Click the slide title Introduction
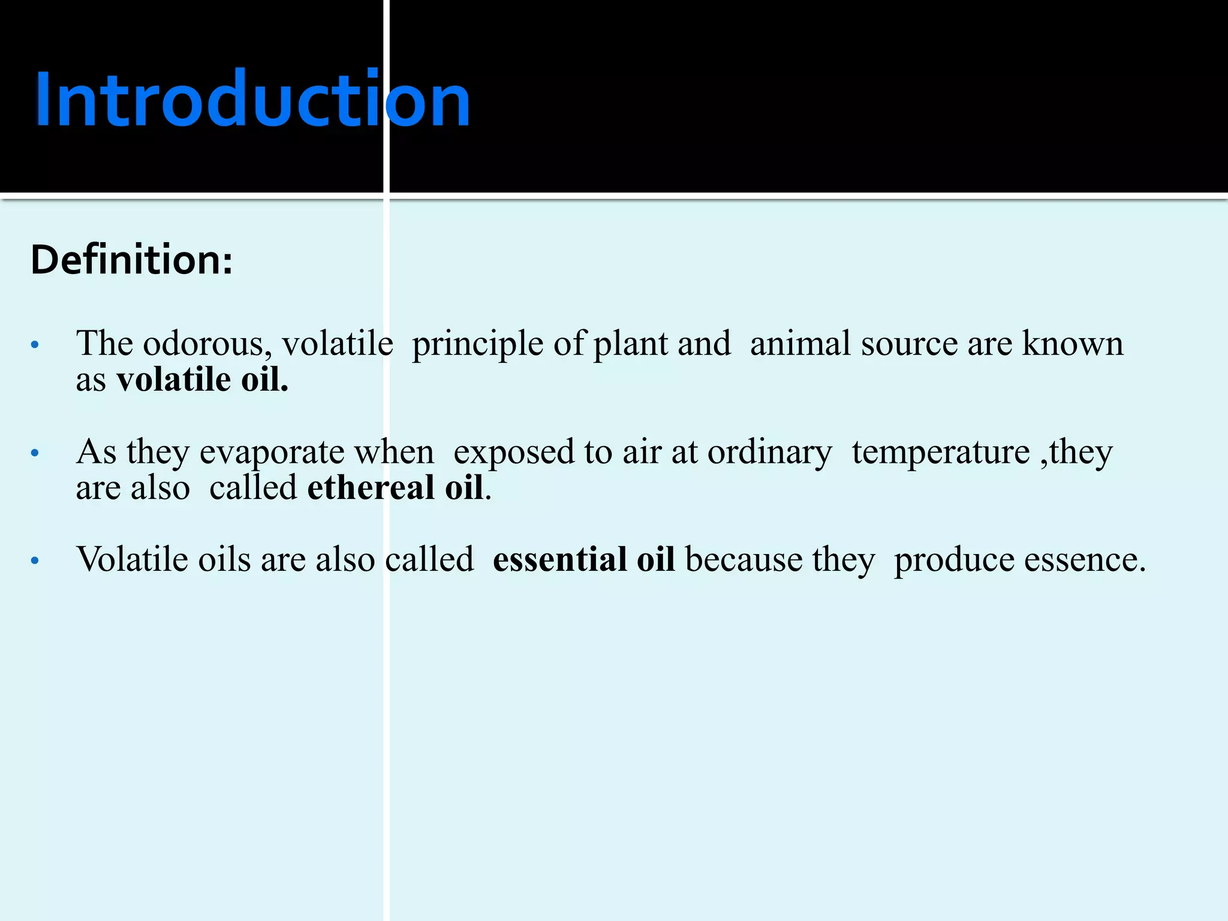pyautogui.click(x=253, y=100)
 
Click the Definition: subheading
pyautogui.click(x=131, y=260)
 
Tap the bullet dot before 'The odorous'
pyautogui.click(x=35, y=345)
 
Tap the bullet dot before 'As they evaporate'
pyautogui.click(x=35, y=453)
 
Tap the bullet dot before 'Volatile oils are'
pyautogui.click(x=35, y=561)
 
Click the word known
pyautogui.click(x=1073, y=344)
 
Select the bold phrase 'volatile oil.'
pyautogui.click(x=203, y=380)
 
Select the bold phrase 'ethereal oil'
pyautogui.click(x=395, y=488)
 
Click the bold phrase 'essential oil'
pyautogui.click(x=583, y=560)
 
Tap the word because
pyautogui.click(x=744, y=560)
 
